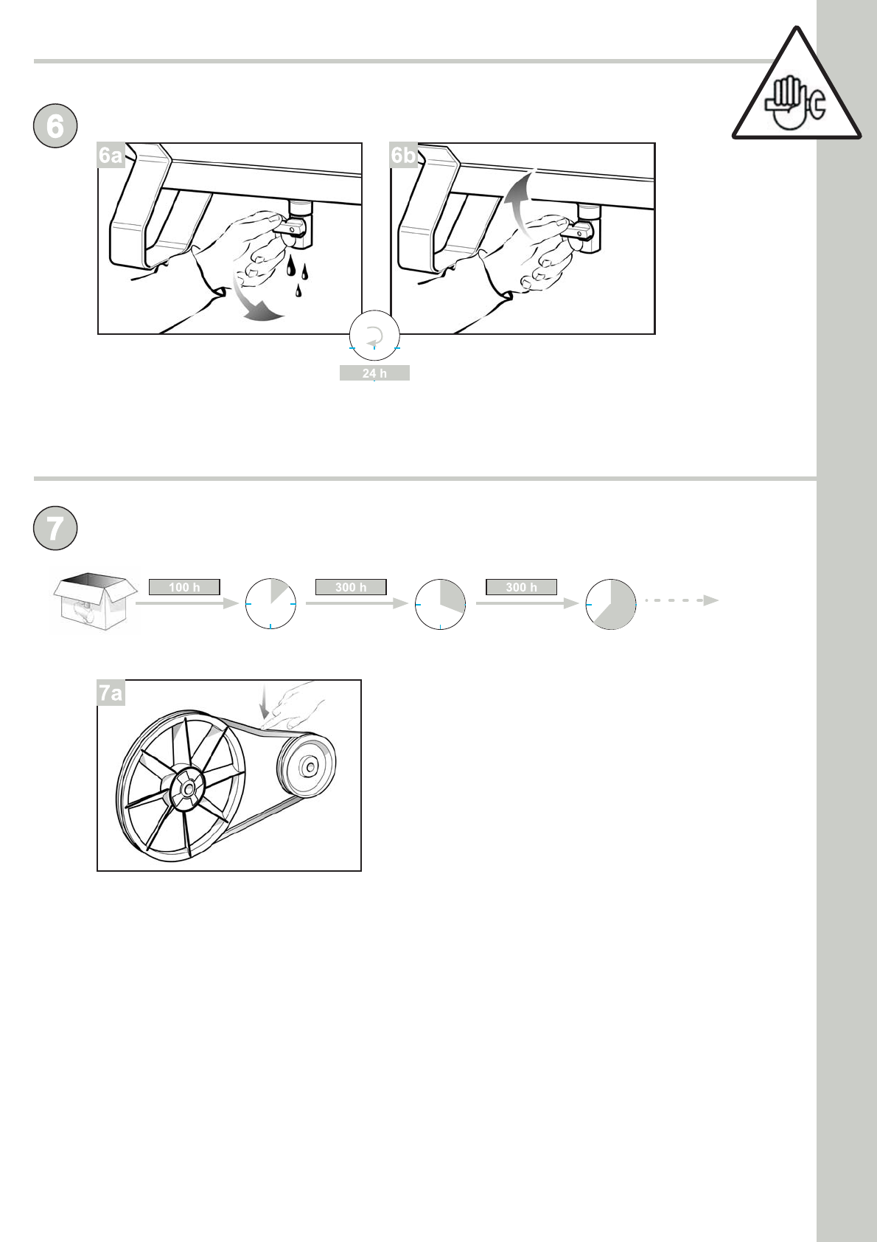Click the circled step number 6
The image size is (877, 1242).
pos(55,126)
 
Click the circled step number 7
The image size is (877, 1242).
pos(55,528)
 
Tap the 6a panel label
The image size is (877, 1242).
pos(111,155)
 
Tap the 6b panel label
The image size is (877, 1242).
pos(403,155)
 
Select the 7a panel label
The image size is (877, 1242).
pos(111,693)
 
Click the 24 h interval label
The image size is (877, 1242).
pos(374,373)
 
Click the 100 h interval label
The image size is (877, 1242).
pos(184,587)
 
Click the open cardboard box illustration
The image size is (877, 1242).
pos(95,602)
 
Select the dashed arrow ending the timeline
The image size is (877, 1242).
pos(682,600)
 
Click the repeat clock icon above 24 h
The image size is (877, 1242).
pos(374,335)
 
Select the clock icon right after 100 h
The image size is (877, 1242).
pos(270,604)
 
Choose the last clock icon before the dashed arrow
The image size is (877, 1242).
pos(610,604)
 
